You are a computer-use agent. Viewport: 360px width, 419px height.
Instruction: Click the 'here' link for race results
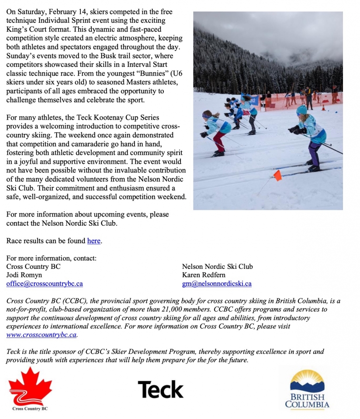(94, 240)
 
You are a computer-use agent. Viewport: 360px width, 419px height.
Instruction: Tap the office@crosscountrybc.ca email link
(45, 283)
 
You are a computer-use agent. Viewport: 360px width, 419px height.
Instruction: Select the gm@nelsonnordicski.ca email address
(217, 283)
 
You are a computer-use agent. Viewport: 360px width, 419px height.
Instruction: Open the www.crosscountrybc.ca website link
(42, 335)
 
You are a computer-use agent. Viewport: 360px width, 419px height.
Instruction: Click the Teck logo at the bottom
(161, 389)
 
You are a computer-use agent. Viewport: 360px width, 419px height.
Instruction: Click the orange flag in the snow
(277, 175)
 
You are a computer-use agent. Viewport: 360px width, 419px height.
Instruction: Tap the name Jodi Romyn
(25, 275)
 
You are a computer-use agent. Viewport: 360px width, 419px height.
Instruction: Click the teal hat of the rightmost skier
(302, 109)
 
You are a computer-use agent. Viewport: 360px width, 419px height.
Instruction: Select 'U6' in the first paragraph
(175, 73)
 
